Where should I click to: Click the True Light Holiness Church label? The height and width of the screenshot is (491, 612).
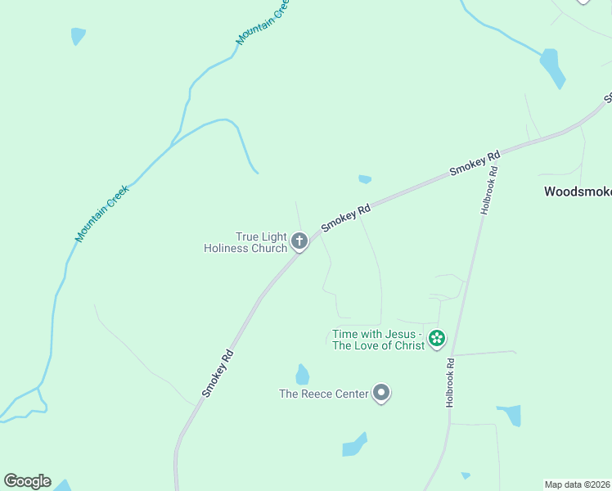coord(245,242)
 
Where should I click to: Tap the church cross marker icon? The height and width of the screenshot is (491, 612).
coord(299,241)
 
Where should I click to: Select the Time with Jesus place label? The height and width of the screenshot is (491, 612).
coord(378,340)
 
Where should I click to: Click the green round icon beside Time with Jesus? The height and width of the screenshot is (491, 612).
coord(438,338)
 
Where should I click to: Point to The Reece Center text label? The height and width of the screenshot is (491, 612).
coord(323,394)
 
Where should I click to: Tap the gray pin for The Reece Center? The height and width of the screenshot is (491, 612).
coord(381,393)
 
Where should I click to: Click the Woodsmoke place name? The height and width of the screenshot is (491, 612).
coord(578,192)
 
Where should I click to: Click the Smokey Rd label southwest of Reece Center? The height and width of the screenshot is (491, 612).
coord(218,374)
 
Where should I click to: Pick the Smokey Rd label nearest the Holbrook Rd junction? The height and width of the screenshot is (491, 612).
coord(475,164)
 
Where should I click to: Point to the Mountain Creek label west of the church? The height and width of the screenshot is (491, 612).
coord(102,214)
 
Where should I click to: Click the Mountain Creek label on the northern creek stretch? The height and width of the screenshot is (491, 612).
coord(263,22)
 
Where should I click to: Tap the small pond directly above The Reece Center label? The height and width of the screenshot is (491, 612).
coord(303,375)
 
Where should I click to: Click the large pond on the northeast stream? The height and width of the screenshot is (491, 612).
coord(552,67)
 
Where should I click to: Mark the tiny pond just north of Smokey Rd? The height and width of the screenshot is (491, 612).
coord(365,179)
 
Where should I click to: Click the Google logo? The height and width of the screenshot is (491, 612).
coord(27,481)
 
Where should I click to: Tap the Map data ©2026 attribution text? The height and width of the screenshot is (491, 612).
coord(578,484)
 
